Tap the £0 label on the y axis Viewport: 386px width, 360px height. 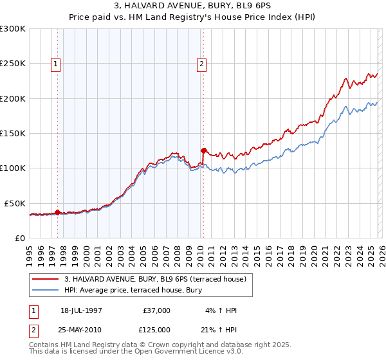point(19,238)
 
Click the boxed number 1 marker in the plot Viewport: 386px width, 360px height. point(56,64)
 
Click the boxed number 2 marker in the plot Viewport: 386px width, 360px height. point(202,64)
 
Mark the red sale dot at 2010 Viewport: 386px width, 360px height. point(204,151)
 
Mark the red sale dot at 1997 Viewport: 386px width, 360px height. point(57,212)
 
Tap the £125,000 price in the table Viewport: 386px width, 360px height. point(156,329)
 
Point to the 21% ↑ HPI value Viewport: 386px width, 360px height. point(219,329)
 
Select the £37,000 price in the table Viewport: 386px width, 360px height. point(156,310)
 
